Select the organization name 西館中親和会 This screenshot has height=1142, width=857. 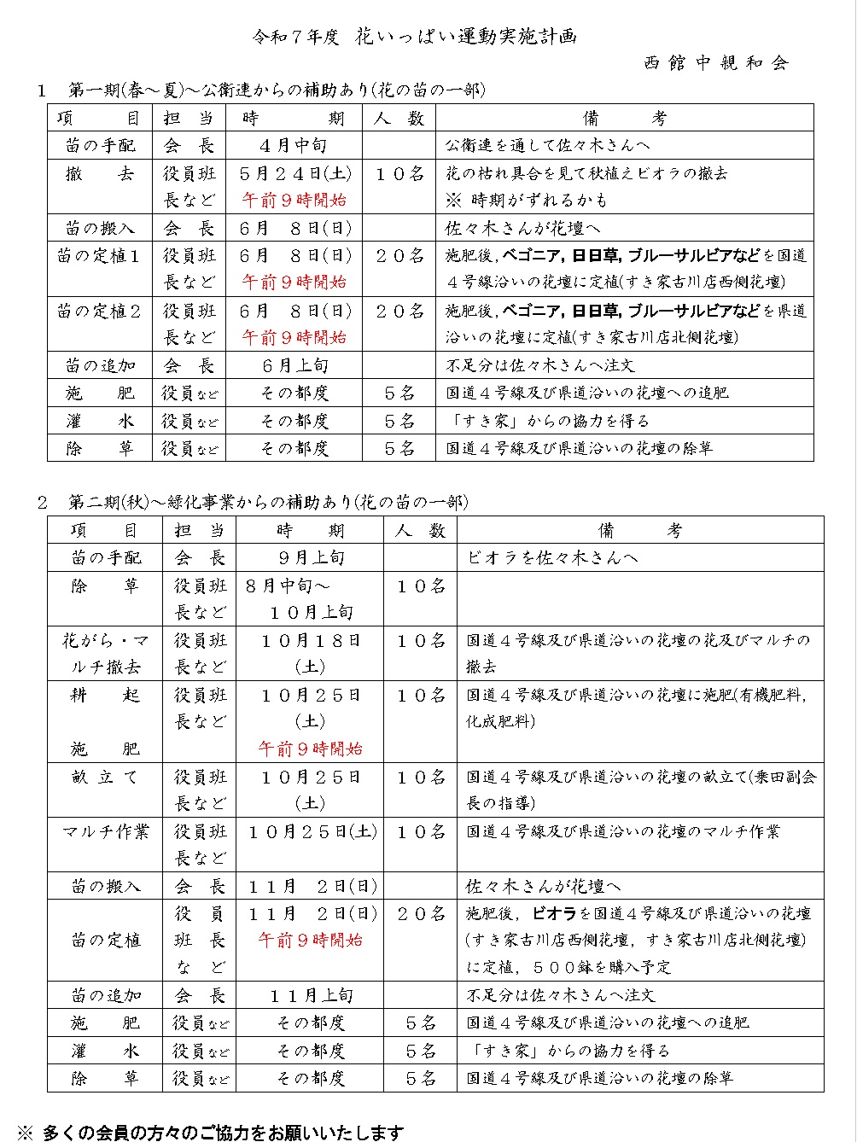point(716,62)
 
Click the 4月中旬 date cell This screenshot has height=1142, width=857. point(294,145)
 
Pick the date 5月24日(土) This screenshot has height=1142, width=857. point(294,173)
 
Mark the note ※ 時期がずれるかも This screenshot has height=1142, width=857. point(527,200)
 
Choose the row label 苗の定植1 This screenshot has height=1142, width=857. point(99,255)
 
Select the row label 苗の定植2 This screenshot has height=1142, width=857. point(99,311)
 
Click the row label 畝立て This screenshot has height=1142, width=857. point(104,777)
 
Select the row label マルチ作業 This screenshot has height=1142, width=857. point(105,830)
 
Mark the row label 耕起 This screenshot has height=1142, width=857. point(104,695)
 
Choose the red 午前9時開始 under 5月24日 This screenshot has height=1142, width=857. point(294,201)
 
